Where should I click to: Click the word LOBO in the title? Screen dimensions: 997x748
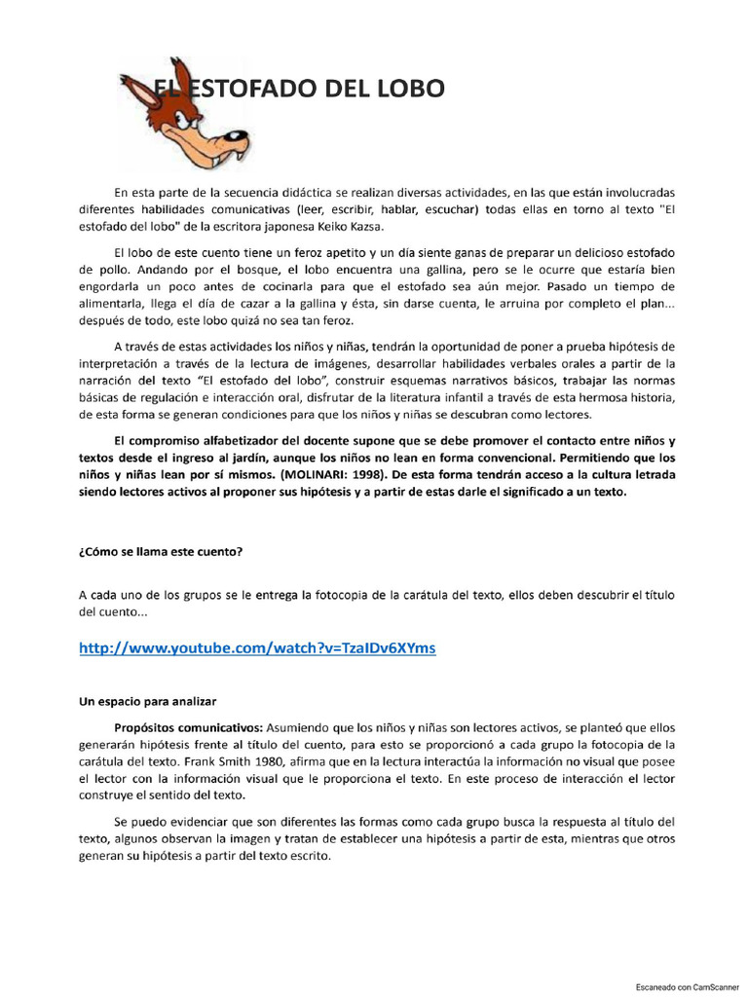coord(408,89)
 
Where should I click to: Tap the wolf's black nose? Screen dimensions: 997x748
coord(235,139)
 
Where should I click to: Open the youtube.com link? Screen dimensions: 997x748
coord(257,648)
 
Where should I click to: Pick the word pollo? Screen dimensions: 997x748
coord(107,269)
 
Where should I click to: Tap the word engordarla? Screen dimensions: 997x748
coord(112,287)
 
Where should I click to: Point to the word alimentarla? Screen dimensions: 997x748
coord(112,305)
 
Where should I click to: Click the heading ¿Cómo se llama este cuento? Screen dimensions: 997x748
coord(161,551)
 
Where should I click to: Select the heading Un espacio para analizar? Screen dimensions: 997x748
coord(148,699)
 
